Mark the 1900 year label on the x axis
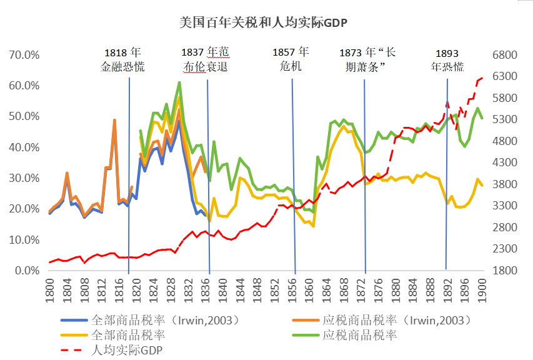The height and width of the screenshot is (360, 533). click(x=482, y=290)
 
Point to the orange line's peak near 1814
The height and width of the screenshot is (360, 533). click(x=114, y=120)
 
